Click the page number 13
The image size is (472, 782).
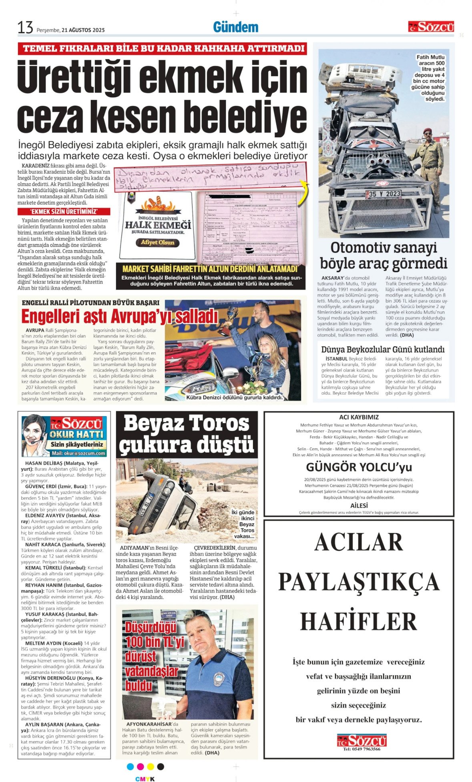[x=25, y=28]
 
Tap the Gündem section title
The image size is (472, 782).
[x=235, y=27]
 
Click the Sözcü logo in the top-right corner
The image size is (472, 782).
[x=431, y=27]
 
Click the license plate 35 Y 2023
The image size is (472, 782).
[x=383, y=194]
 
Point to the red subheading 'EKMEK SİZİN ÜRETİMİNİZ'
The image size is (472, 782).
[x=64, y=212]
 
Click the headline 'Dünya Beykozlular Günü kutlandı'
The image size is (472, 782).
[x=383, y=349]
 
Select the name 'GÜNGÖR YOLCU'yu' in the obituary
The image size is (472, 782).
[x=359, y=467]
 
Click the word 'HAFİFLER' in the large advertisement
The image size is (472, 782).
[x=359, y=621]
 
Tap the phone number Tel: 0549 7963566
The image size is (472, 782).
[x=362, y=749]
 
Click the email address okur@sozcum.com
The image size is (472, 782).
[x=78, y=453]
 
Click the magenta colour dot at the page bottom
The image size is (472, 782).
[x=140, y=766]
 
